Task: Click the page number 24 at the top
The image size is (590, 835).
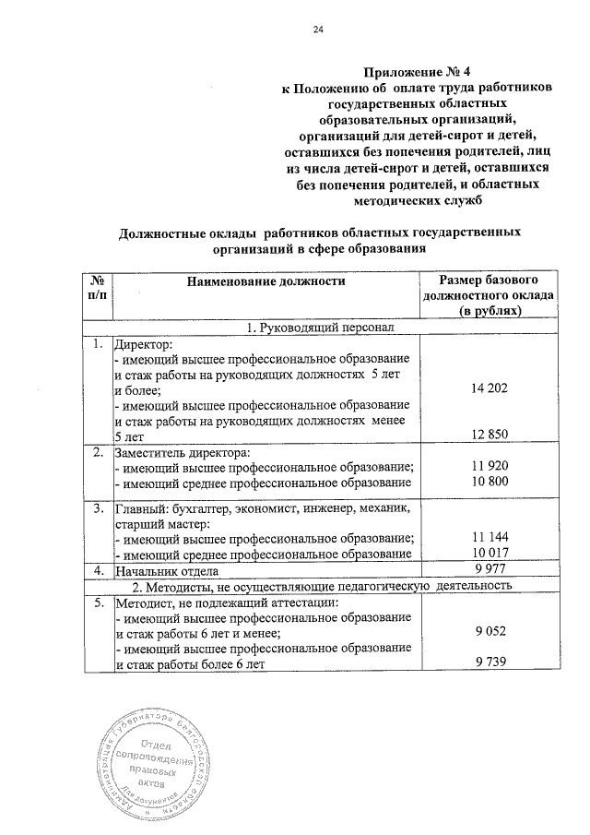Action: [x=319, y=30]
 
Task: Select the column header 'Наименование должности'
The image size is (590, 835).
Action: [x=265, y=280]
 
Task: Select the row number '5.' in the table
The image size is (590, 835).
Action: [x=97, y=602]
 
